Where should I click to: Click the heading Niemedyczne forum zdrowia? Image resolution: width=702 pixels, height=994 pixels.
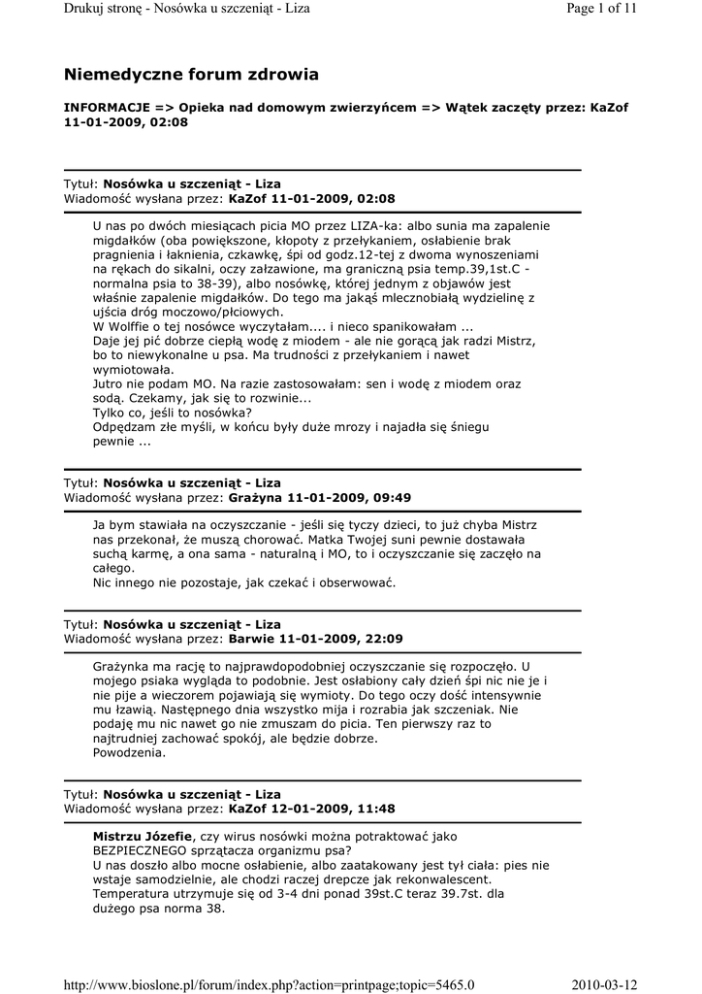(191, 75)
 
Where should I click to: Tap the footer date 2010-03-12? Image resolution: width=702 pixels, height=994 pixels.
(604, 985)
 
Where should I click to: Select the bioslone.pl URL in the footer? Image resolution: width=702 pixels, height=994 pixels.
(269, 985)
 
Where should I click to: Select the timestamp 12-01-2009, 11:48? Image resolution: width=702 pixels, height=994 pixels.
(335, 809)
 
